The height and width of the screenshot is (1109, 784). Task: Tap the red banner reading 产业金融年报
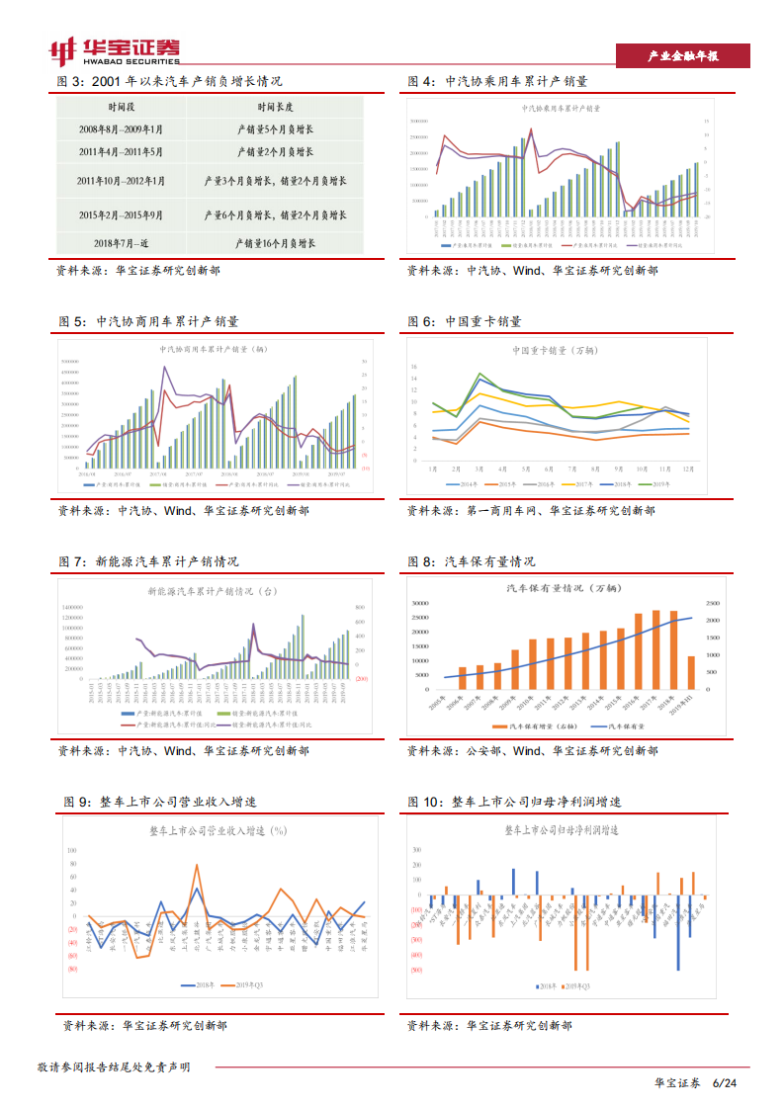682,56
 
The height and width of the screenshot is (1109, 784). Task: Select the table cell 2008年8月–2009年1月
122,128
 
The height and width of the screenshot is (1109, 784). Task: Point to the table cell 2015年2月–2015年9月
122,213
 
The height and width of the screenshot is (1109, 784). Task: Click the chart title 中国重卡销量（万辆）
554,350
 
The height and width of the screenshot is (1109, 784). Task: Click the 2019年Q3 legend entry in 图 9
249,984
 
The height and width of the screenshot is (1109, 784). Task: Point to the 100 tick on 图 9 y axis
71,851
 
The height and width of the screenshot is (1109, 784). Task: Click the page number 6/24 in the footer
725,1083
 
